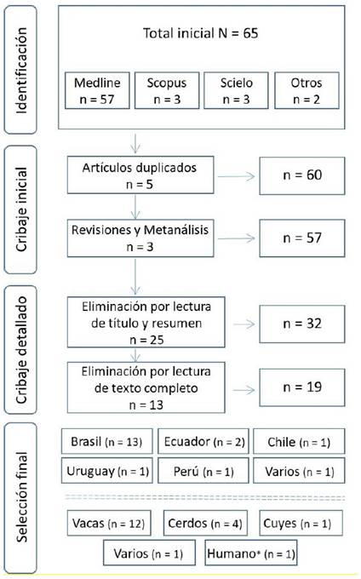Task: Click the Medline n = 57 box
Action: click(x=97, y=90)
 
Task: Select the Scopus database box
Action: click(x=167, y=90)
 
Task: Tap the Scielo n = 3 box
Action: click(x=236, y=90)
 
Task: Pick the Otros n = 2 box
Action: click(x=307, y=90)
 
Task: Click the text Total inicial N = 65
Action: click(x=200, y=33)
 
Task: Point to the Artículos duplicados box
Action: click(x=140, y=175)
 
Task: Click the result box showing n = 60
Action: click(x=302, y=175)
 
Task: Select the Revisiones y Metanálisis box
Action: click(x=140, y=238)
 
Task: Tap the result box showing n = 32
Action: click(x=302, y=324)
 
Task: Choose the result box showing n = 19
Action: click(x=302, y=387)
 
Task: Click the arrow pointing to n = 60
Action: click(x=236, y=176)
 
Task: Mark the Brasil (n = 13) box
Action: click(x=107, y=441)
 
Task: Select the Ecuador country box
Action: click(x=203, y=441)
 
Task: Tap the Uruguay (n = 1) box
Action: click(x=107, y=471)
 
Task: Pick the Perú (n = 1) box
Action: click(x=203, y=471)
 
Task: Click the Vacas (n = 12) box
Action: click(x=109, y=523)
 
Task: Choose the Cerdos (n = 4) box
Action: click(x=205, y=523)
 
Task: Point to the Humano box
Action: click(x=251, y=553)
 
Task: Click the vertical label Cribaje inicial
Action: click(x=21, y=209)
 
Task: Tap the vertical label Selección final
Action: click(x=21, y=497)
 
